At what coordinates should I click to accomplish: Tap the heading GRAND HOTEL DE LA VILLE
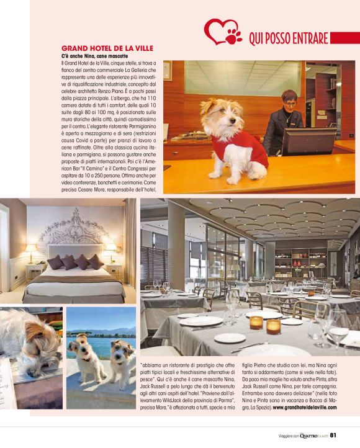coord(107,48)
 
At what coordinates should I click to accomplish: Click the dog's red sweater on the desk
coord(244,147)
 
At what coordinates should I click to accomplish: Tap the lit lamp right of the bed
coord(111,249)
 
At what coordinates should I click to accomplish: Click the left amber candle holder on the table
coord(256,321)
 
